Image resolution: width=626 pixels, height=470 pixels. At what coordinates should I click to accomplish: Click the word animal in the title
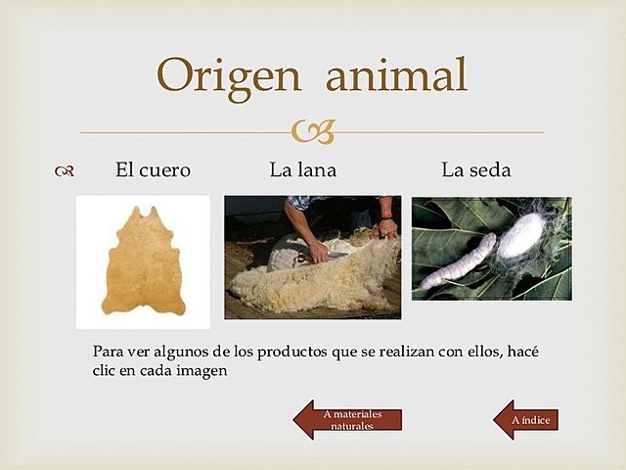396,75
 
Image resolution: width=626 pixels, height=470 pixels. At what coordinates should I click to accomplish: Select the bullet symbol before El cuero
66,171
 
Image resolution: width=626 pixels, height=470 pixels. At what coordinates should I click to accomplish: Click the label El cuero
153,170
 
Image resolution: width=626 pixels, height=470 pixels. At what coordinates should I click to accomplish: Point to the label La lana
303,170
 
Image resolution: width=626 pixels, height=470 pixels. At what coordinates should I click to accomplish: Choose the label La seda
476,170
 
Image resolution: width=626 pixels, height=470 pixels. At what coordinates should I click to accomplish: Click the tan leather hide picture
143,261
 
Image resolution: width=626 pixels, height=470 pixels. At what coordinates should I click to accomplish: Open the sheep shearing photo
312,258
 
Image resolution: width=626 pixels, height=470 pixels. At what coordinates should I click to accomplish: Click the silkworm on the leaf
458,262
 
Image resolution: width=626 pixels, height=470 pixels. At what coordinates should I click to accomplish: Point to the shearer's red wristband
387,213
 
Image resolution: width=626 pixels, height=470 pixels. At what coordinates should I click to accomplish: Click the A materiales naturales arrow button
348,420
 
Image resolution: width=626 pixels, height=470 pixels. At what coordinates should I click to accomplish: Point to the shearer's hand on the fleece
319,253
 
